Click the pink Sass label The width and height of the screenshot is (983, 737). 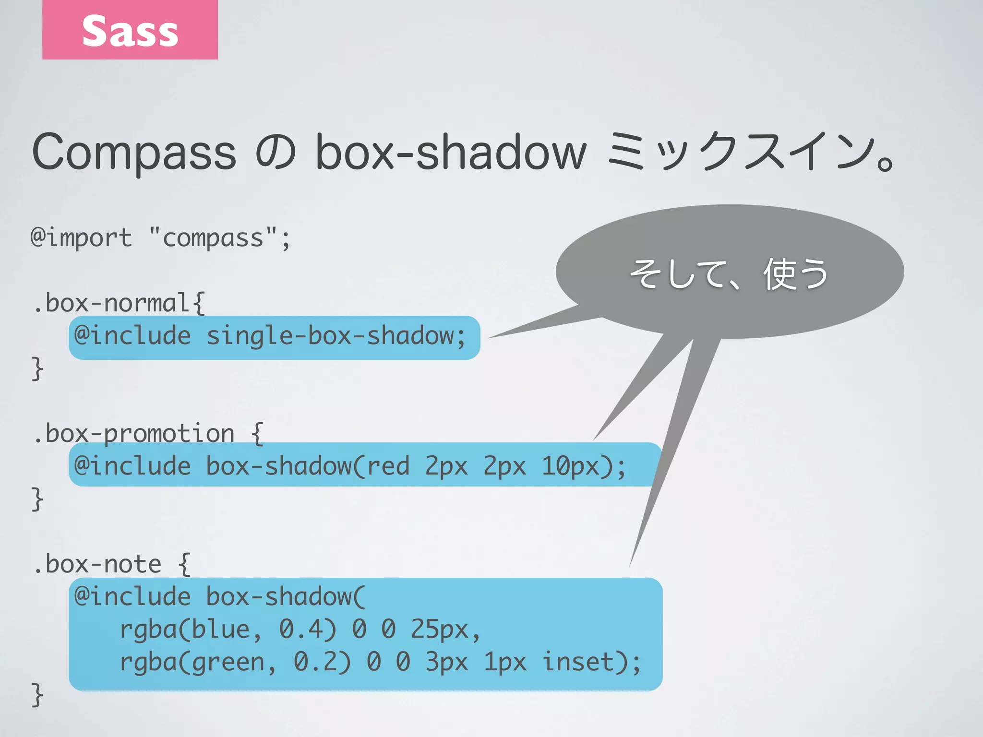(x=130, y=30)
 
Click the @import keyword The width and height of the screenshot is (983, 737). (x=81, y=238)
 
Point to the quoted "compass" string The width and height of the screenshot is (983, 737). (x=213, y=238)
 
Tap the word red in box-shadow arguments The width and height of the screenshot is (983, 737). (x=388, y=466)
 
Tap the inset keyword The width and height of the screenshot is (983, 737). (x=578, y=663)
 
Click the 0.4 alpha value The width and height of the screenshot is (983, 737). (x=307, y=630)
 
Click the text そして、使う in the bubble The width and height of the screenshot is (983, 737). (x=729, y=274)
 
